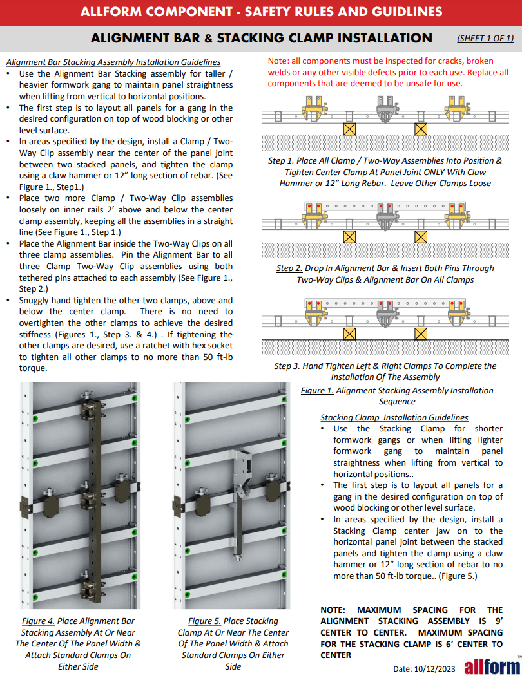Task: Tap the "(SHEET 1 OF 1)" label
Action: (485, 38)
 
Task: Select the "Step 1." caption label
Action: (281, 161)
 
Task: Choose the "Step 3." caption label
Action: (287, 366)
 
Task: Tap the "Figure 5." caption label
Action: (204, 621)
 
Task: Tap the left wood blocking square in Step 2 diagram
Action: (350, 236)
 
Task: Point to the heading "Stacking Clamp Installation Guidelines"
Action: (394, 417)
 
